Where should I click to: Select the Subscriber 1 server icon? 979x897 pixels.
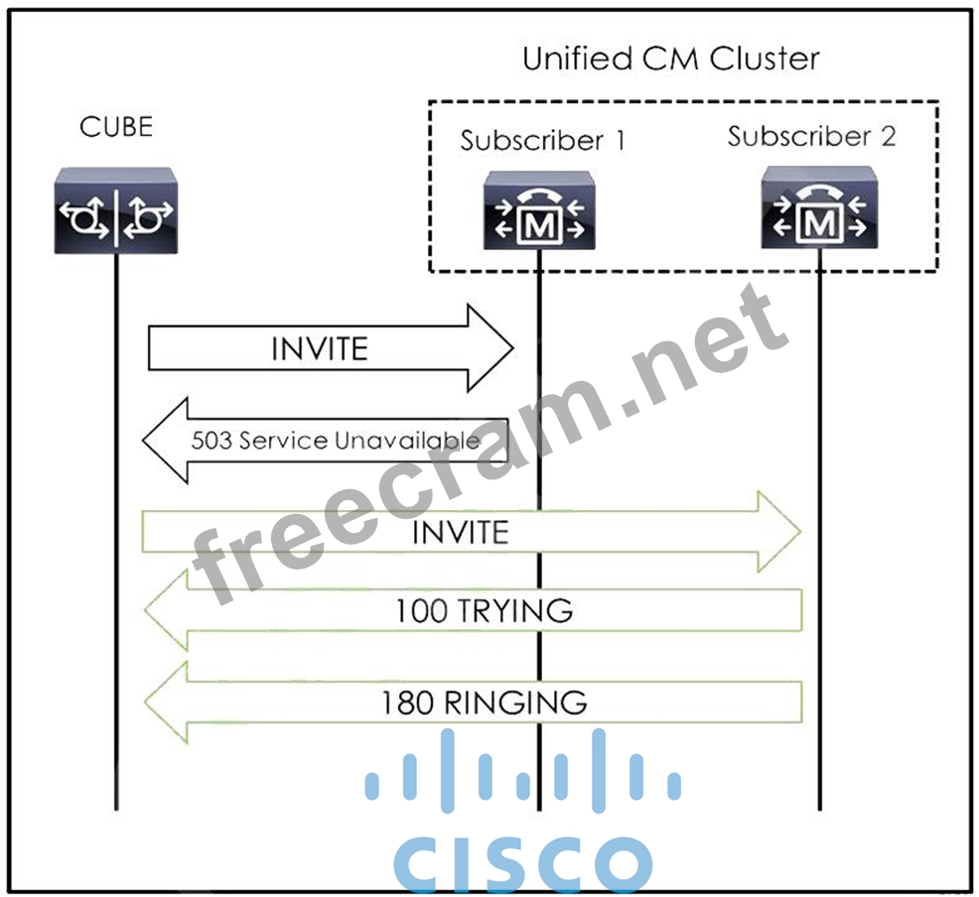(x=539, y=209)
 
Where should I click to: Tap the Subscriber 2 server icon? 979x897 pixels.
(x=818, y=207)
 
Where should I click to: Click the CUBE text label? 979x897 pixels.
(x=116, y=127)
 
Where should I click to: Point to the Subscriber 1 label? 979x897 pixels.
(x=542, y=141)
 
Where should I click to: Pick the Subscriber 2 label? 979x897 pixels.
(x=811, y=136)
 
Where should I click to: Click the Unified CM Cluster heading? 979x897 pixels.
(x=671, y=59)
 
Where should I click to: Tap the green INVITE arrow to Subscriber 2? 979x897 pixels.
(x=471, y=532)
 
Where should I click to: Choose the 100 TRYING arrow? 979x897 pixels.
(x=473, y=609)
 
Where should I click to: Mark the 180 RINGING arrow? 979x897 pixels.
(x=473, y=703)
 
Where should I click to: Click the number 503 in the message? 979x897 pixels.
(x=211, y=440)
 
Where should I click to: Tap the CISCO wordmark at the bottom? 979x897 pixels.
(x=522, y=862)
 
